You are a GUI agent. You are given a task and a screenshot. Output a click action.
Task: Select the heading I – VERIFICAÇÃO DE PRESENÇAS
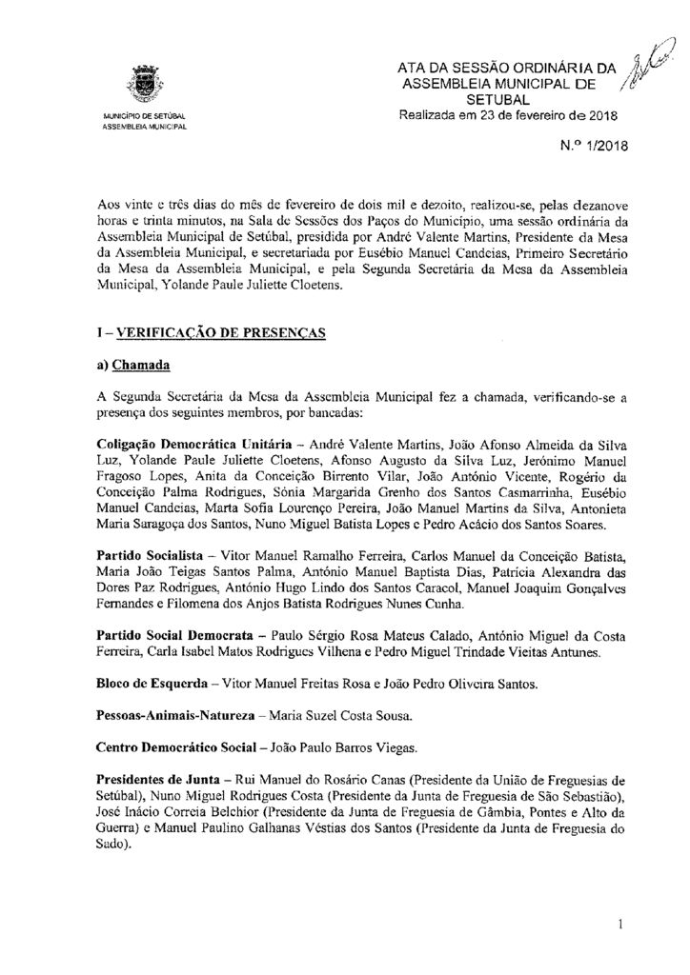[x=212, y=332]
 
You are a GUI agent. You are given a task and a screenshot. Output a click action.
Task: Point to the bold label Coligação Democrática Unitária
[x=185, y=445]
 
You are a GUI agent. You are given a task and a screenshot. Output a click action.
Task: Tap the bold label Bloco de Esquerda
[x=151, y=685]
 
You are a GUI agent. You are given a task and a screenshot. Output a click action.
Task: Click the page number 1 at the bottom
[x=619, y=923]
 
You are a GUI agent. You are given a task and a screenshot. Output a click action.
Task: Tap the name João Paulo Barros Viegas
[x=345, y=744]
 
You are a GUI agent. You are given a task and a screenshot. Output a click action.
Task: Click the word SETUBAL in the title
[x=506, y=99]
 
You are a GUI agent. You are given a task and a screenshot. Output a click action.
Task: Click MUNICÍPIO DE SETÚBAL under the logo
[x=146, y=117]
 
